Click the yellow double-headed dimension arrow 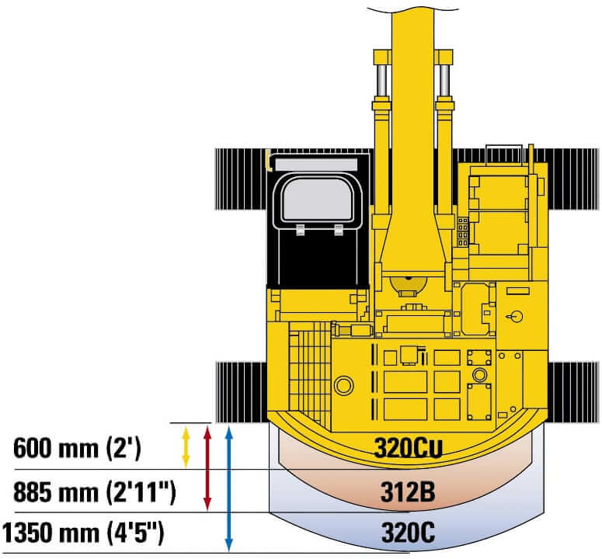click(x=186, y=446)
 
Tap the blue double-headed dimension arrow click(x=228, y=488)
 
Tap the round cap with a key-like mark click(x=513, y=317)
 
